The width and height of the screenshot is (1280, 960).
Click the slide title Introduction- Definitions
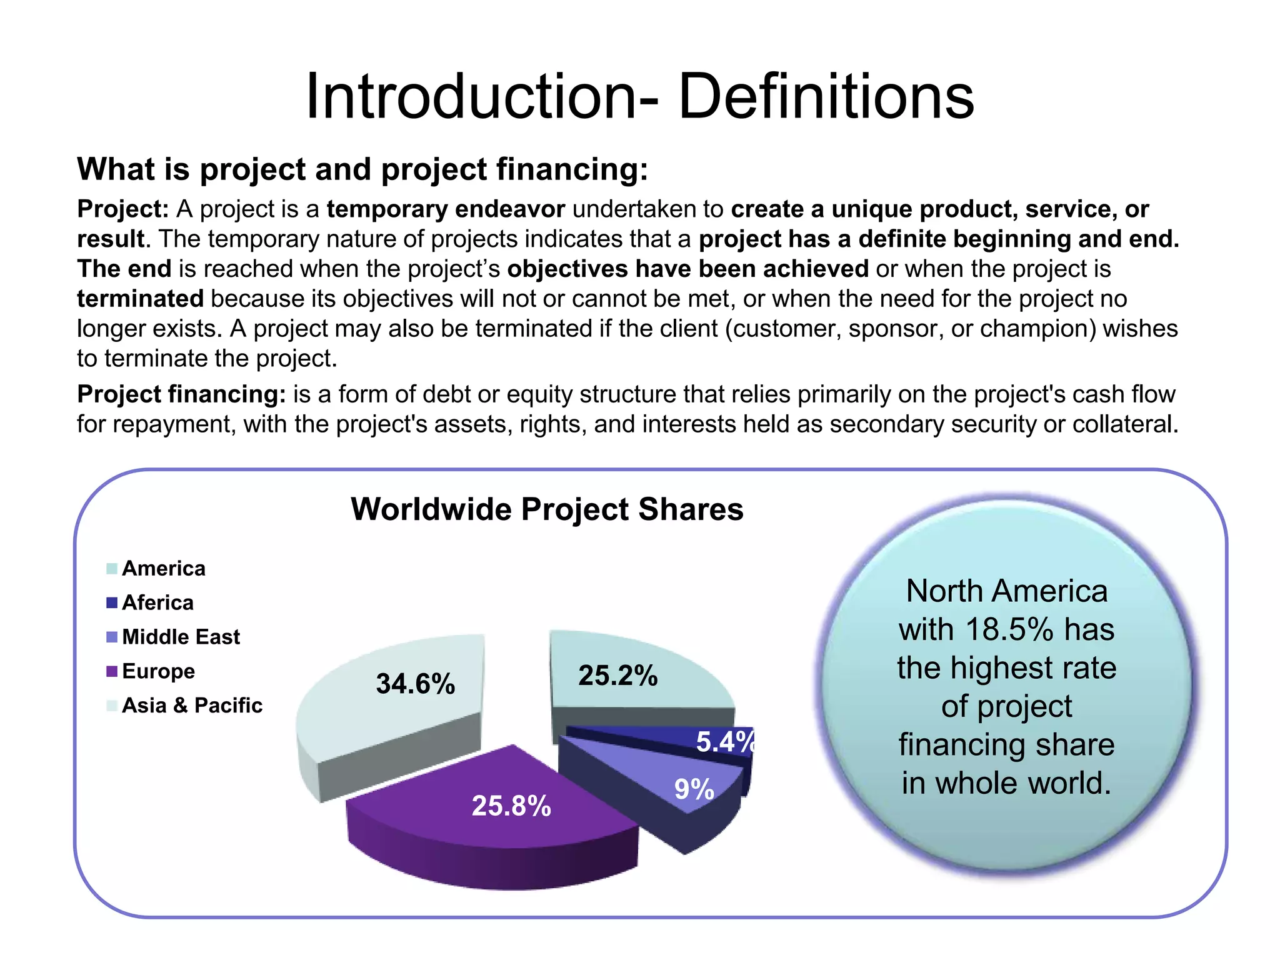pos(639,96)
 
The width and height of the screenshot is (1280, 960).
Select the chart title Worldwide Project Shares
pos(547,509)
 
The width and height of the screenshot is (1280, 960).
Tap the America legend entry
pos(163,568)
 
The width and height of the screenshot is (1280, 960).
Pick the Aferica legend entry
pos(157,602)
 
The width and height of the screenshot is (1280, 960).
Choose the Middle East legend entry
pos(181,637)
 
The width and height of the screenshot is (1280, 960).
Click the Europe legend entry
pos(158,671)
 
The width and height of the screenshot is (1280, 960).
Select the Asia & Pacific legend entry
pos(192,706)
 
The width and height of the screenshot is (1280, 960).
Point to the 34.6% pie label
pos(415,684)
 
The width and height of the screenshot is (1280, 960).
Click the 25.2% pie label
pos(617,676)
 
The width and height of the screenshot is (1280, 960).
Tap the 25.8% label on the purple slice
pos(511,806)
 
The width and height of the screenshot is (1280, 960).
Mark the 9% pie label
pos(694,789)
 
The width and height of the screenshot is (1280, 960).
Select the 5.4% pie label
pos(725,742)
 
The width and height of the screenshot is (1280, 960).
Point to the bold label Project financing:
pos(181,394)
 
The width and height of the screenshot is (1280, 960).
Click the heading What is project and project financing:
pos(362,169)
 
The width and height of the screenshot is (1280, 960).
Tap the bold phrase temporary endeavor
pos(446,209)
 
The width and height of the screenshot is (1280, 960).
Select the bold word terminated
pos(140,299)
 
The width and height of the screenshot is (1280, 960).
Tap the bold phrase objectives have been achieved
pos(687,269)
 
